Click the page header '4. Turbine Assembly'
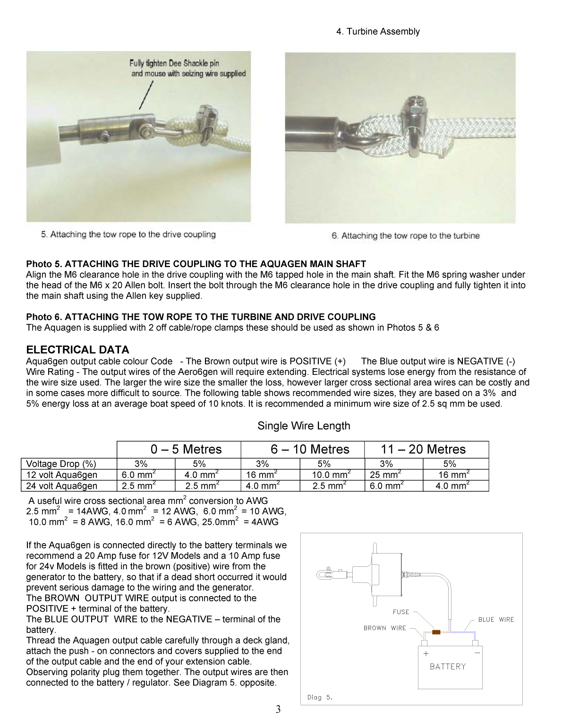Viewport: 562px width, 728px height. [x=377, y=32]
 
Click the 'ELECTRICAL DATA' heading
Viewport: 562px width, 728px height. [x=77, y=350]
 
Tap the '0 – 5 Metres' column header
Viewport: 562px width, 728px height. [x=186, y=449]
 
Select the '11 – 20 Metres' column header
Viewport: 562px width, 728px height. [x=423, y=449]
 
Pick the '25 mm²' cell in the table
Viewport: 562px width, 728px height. [x=385, y=475]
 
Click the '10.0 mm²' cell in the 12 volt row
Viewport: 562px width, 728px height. [x=331, y=475]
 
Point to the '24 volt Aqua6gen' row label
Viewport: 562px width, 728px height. [x=62, y=486]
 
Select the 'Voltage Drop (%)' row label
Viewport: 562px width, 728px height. [x=61, y=464]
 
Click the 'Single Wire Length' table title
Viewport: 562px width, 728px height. [x=304, y=426]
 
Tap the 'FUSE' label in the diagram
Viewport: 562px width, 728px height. [x=401, y=612]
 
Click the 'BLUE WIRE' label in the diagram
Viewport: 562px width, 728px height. [x=495, y=620]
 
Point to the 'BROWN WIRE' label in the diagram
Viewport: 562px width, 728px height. [x=384, y=628]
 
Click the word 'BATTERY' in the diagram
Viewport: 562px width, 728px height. [x=448, y=667]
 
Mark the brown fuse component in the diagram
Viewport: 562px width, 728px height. [x=436, y=632]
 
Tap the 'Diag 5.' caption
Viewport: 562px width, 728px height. [x=320, y=697]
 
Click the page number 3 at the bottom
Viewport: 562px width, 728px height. [x=278, y=709]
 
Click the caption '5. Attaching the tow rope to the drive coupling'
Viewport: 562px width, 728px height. [x=128, y=234]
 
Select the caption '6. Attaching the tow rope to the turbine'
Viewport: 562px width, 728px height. [x=405, y=236]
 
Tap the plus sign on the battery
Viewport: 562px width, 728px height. [x=426, y=654]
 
